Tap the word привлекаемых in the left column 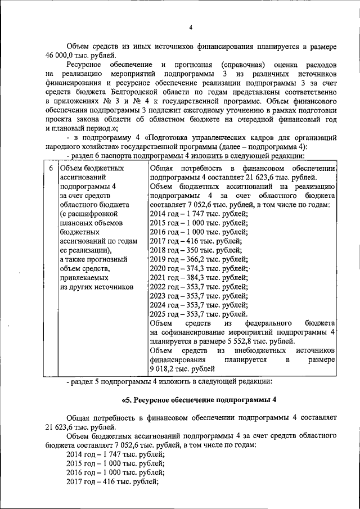pyautogui.click(x=85, y=276)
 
